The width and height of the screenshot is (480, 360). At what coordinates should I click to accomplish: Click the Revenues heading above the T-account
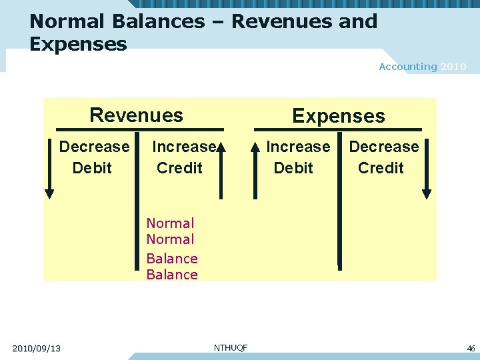[x=136, y=115]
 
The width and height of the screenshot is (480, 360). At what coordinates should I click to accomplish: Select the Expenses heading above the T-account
[x=338, y=116]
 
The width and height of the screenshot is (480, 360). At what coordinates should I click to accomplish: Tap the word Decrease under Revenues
[x=94, y=147]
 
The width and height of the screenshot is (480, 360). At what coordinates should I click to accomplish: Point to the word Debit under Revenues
[x=92, y=168]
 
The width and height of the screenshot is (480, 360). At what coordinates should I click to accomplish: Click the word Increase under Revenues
[x=184, y=147]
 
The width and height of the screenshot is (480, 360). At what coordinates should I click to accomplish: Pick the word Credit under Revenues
[x=179, y=168]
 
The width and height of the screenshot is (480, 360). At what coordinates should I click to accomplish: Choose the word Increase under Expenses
[x=298, y=147]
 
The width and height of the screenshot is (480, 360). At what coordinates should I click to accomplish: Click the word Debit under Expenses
[x=293, y=168]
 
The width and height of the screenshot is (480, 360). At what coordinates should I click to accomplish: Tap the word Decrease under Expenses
[x=384, y=147]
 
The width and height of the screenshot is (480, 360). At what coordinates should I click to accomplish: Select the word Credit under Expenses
[x=381, y=168]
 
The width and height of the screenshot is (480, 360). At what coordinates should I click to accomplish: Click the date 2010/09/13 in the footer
[x=37, y=348]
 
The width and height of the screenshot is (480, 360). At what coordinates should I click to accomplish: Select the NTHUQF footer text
[x=231, y=347]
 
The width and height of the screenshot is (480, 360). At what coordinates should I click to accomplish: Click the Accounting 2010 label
[x=423, y=67]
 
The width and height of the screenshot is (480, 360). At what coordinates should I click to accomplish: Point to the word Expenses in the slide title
[x=78, y=45]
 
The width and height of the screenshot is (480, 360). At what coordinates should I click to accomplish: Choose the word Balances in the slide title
[x=159, y=21]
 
